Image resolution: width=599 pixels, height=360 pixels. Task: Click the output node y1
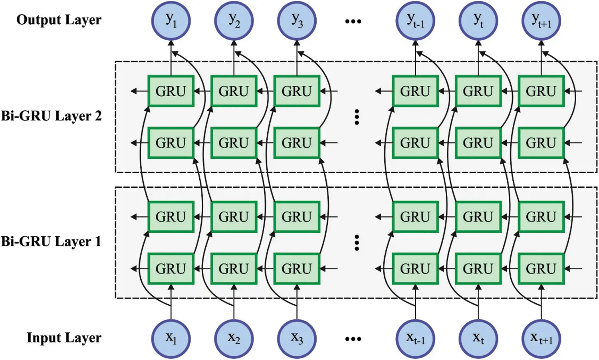click(x=171, y=20)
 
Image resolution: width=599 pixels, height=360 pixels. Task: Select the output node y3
click(x=297, y=20)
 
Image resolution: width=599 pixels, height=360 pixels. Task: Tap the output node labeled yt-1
click(x=415, y=20)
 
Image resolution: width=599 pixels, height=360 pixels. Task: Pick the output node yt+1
click(x=541, y=20)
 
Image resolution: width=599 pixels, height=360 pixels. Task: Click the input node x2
click(x=234, y=338)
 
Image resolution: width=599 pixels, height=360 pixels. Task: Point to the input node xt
click(x=478, y=338)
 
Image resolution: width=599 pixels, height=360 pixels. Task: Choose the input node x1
click(x=171, y=338)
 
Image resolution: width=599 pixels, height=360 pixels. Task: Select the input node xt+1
click(x=541, y=338)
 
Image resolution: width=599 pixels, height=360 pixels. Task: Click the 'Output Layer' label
click(x=59, y=20)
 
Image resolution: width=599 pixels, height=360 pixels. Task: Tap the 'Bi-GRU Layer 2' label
click(x=51, y=116)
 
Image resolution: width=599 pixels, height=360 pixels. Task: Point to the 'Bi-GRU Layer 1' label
click(x=51, y=241)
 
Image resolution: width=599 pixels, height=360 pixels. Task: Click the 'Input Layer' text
click(x=64, y=338)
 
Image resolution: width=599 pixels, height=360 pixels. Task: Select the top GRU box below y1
click(x=171, y=91)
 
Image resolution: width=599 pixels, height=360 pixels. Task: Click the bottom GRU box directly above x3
click(x=297, y=269)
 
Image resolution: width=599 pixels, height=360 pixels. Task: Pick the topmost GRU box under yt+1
click(x=541, y=91)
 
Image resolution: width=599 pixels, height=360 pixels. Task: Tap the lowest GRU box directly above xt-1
click(x=415, y=269)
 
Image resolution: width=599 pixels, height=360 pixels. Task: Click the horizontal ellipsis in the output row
click(x=353, y=21)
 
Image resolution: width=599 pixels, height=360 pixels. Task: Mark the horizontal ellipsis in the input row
click(x=353, y=339)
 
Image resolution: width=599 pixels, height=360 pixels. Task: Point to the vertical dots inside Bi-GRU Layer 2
click(x=357, y=117)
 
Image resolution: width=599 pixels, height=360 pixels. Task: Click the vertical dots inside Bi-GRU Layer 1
click(x=357, y=243)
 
